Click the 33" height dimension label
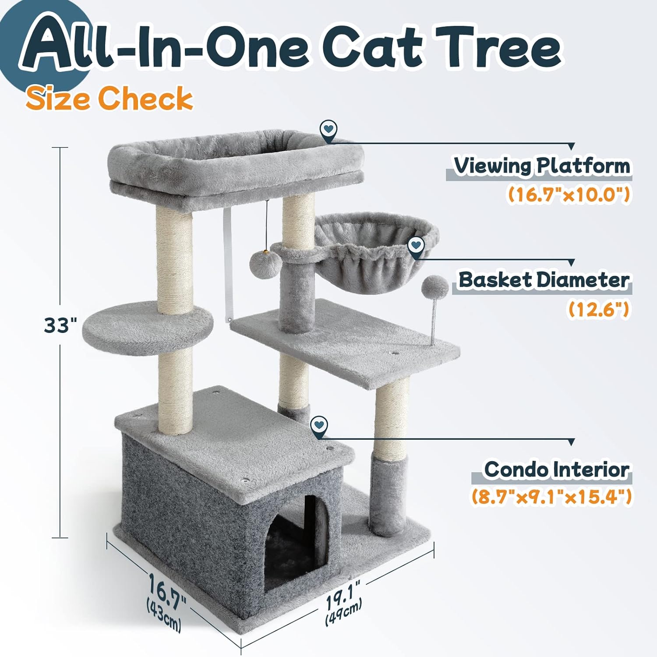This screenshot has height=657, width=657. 60,325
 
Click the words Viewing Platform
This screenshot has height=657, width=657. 542,166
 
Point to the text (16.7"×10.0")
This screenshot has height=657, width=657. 569,194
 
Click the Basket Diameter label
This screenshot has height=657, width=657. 544,280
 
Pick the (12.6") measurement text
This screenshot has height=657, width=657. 599,309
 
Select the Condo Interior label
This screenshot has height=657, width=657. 556,470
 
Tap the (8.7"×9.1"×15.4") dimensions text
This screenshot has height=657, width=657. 551,497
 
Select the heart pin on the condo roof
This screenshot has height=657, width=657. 319,427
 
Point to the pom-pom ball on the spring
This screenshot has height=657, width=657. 435,287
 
